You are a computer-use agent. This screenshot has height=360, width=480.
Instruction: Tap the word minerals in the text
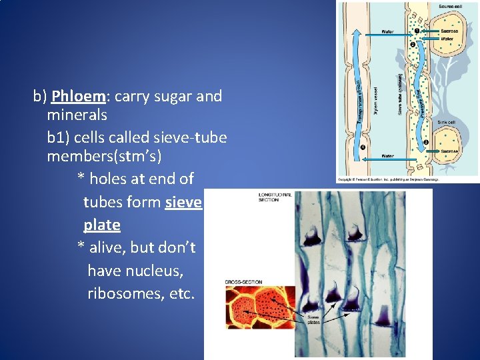77,115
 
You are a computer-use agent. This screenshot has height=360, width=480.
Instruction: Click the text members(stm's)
104,157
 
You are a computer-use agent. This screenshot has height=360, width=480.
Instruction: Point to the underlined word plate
101,225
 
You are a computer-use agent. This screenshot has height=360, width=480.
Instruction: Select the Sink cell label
446,123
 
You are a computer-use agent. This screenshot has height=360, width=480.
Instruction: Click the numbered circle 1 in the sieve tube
417,31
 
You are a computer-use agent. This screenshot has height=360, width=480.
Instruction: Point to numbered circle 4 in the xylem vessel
363,147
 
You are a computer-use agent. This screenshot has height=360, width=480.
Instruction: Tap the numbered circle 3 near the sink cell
425,141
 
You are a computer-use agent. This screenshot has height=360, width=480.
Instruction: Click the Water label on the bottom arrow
387,157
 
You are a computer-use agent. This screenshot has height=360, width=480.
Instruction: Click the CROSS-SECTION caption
241,283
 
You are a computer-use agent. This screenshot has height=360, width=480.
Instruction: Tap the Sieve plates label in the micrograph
313,319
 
